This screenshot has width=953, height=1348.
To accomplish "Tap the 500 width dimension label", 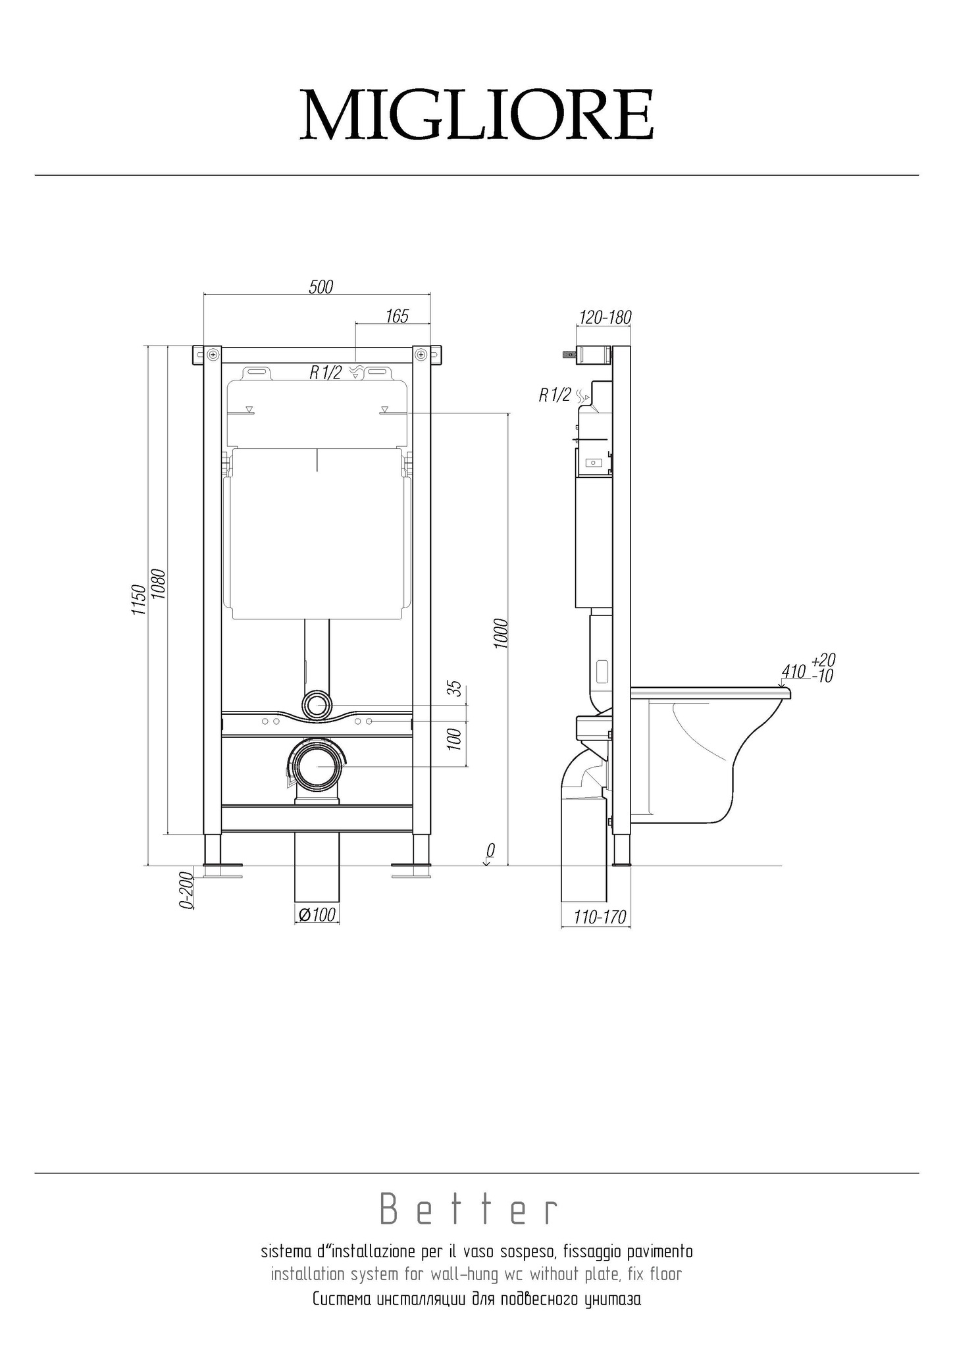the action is tap(321, 287).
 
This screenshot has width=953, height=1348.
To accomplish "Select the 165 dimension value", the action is tap(397, 316).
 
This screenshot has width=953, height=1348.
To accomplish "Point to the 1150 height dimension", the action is tap(138, 599).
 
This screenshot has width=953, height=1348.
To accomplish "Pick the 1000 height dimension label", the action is tap(501, 634).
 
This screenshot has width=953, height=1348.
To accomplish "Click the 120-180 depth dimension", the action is tap(604, 317).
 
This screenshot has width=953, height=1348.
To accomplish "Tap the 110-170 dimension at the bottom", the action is tap(599, 916).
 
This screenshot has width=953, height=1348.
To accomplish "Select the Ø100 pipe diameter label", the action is tap(317, 914).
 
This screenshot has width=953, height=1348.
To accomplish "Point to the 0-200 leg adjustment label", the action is tap(186, 890).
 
